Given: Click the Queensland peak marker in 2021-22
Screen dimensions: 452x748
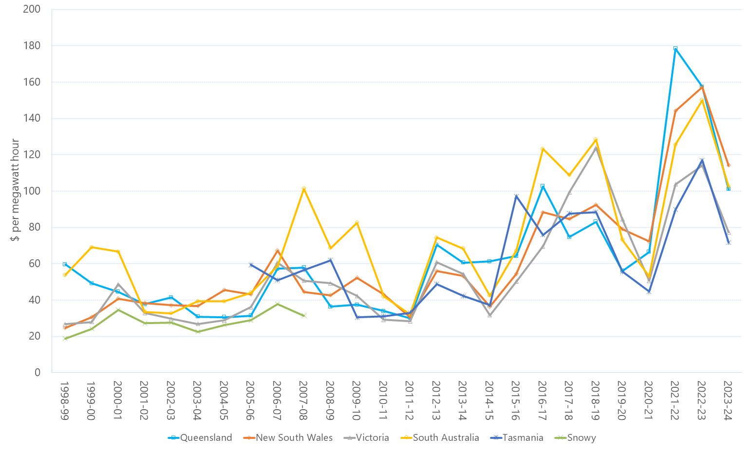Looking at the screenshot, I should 675,48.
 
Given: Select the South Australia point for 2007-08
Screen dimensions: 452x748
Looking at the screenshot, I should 304,188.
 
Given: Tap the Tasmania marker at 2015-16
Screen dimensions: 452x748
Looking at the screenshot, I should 516,197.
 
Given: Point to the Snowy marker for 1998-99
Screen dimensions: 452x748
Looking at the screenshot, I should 65,339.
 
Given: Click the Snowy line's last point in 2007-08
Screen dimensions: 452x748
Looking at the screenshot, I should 304,316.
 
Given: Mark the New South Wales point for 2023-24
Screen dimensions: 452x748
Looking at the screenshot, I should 729,165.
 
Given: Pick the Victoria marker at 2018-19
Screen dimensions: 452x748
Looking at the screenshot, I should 596,148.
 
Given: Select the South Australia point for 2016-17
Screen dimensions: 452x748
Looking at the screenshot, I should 542,149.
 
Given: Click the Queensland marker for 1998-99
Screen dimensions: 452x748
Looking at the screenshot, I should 65,264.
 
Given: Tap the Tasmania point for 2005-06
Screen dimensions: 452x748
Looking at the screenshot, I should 251,265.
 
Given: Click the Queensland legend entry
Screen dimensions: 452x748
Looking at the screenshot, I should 200,438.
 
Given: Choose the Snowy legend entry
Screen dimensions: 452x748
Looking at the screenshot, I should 576,438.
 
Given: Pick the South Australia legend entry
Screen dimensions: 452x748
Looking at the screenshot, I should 440,438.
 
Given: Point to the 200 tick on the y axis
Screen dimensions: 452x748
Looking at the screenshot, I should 32,9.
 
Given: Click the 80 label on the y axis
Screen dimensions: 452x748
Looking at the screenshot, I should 34,227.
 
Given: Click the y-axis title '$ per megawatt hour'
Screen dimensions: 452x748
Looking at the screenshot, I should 15,190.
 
